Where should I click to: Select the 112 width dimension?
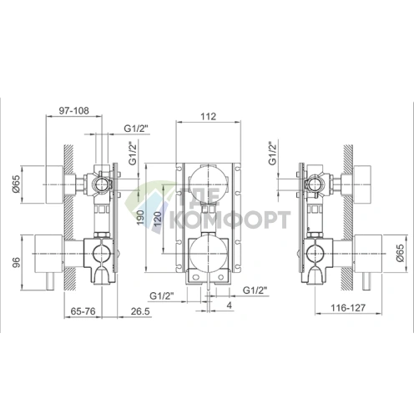tap(209, 118)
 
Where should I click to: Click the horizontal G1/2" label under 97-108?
tap(135, 128)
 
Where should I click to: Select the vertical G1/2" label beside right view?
tap(272, 155)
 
